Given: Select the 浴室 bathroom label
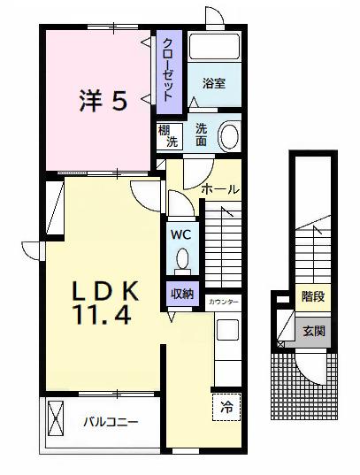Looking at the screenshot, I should click(212, 84).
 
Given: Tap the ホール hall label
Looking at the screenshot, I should click(220, 189).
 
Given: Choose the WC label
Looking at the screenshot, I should click(180, 235).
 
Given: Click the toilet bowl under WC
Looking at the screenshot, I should click(181, 259).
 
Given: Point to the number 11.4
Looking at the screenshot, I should click(104, 314).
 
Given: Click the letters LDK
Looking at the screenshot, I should click(104, 289).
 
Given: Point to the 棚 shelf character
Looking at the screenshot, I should click(165, 130).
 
